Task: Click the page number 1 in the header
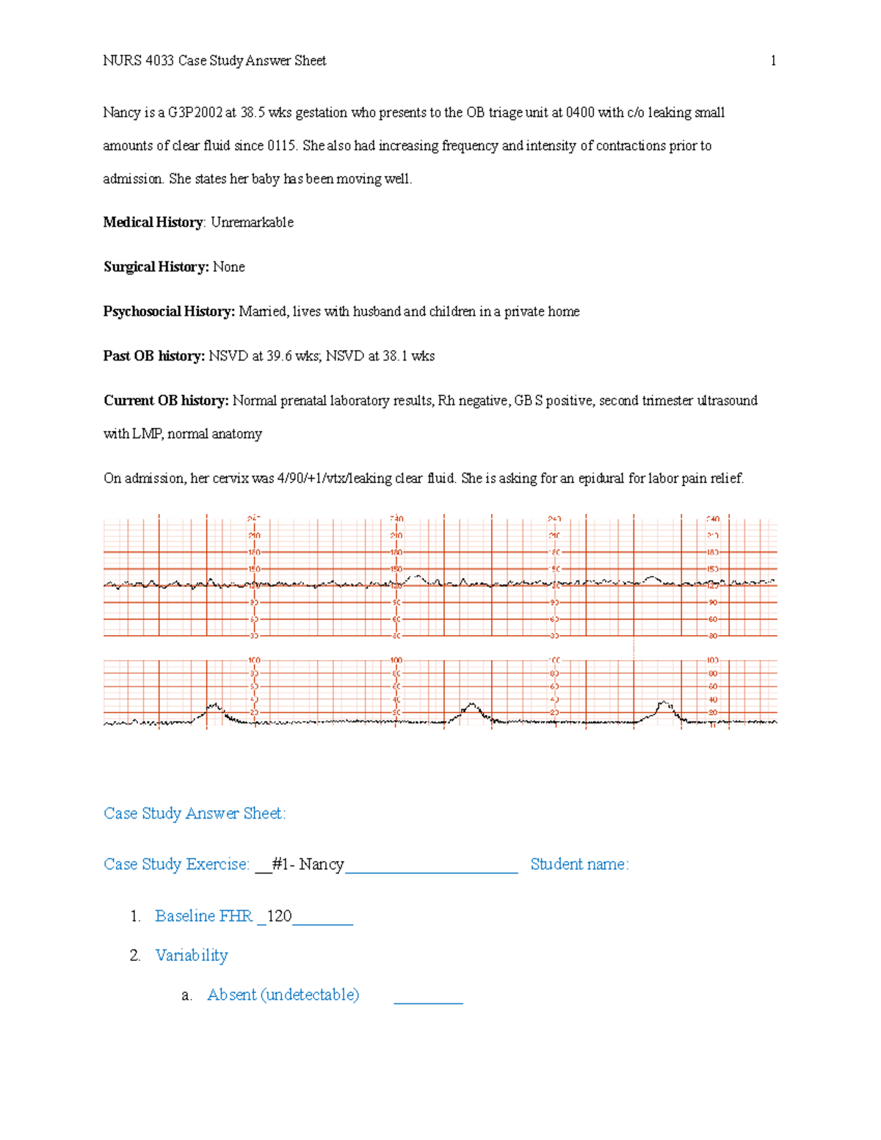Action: coord(773,61)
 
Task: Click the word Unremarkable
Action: coord(252,222)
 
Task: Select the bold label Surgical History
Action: coord(156,267)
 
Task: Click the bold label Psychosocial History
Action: coord(168,311)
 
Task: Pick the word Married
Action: coord(262,311)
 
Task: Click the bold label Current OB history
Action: coord(166,401)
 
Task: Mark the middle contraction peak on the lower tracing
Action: coord(471,706)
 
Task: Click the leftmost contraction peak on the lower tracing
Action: coord(214,706)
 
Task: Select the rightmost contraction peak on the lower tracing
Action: coord(664,704)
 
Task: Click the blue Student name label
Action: coord(579,864)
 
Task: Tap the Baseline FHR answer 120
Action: coord(279,916)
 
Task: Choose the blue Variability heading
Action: coord(191,955)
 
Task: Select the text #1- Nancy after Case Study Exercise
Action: coord(307,864)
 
